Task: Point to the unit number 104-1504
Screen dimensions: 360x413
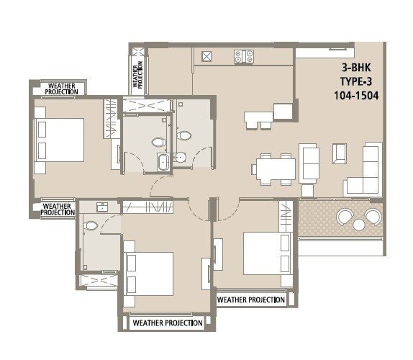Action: [x=357, y=94]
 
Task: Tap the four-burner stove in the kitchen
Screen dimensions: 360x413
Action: [x=244, y=56]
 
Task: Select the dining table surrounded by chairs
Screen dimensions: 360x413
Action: [x=274, y=169]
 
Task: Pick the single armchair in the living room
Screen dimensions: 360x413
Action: [x=339, y=153]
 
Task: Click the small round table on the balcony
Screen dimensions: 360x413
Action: [x=359, y=225]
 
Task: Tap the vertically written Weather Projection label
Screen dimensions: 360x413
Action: [x=136, y=72]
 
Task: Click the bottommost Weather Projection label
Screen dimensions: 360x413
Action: [x=168, y=323]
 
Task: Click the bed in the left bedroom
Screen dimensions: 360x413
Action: [x=59, y=140]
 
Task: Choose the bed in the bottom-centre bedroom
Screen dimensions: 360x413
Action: [x=149, y=273]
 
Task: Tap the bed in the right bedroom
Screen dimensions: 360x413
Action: [x=266, y=253]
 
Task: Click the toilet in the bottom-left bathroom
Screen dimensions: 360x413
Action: [x=91, y=226]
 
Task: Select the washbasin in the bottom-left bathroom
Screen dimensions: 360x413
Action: [x=101, y=207]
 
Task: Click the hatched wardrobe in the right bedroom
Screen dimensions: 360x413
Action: [x=285, y=215]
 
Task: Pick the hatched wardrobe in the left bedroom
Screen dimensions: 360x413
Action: [x=110, y=117]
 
